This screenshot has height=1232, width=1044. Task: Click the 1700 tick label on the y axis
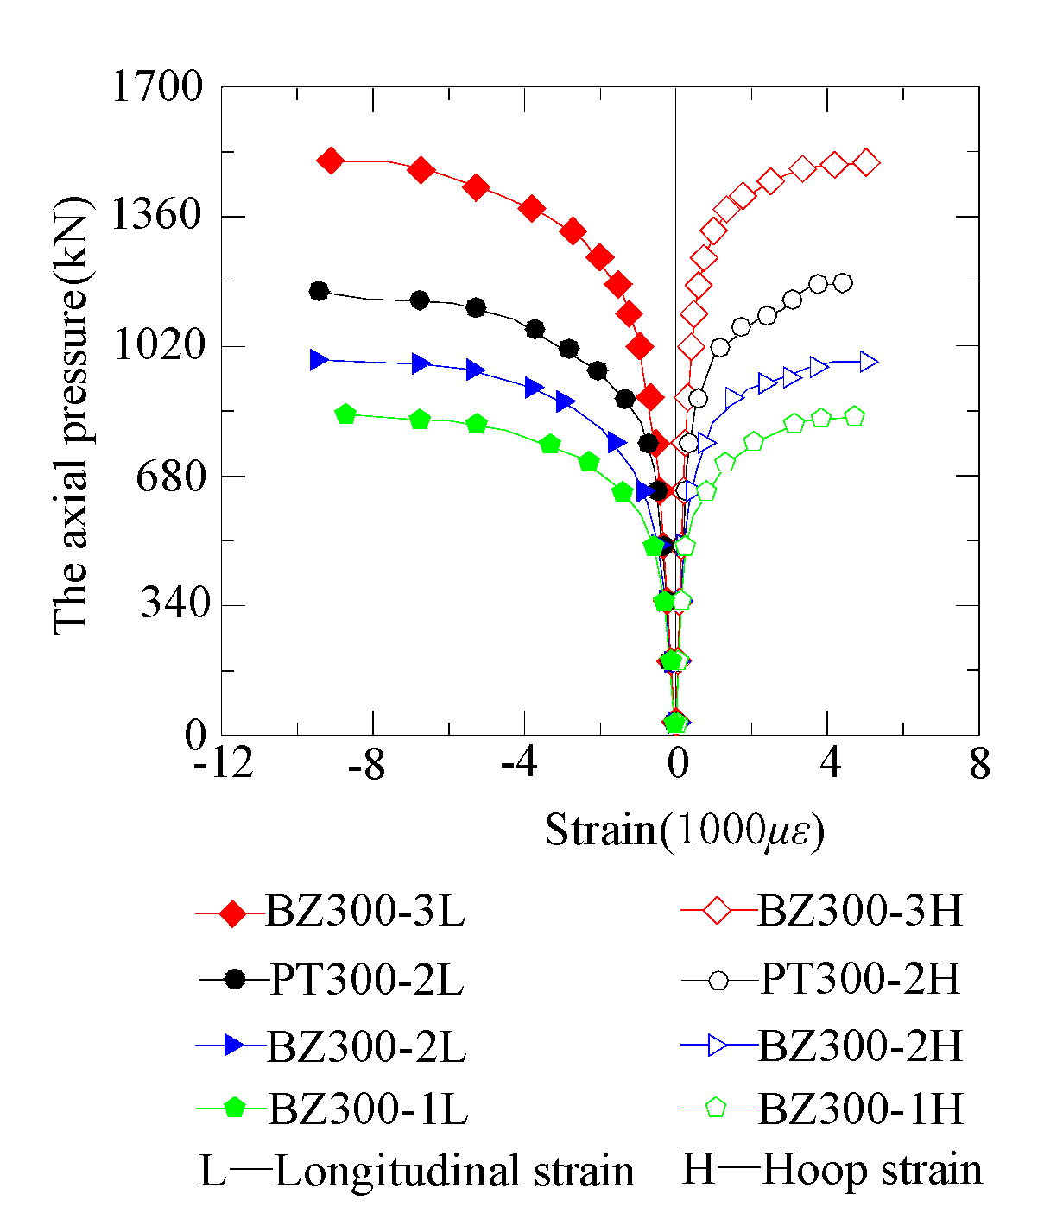157,87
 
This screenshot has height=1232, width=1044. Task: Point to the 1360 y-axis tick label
157,215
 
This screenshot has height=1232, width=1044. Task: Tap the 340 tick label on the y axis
175,603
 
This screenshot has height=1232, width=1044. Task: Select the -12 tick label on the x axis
224,764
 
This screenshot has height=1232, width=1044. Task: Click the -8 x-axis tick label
366,764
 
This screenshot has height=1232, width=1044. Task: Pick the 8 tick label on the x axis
979,764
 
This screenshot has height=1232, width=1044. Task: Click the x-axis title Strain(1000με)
684,831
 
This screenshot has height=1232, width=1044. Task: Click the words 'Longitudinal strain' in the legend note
454,1172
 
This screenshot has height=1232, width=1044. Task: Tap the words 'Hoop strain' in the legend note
872,1171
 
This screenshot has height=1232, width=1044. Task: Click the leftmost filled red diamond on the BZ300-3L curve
331,161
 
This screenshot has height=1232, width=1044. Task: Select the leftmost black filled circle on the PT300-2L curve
319,291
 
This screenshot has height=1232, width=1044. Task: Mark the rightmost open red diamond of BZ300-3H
866,162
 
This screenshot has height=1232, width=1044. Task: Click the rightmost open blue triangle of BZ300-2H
869,363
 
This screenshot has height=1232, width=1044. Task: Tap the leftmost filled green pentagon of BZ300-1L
345,414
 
